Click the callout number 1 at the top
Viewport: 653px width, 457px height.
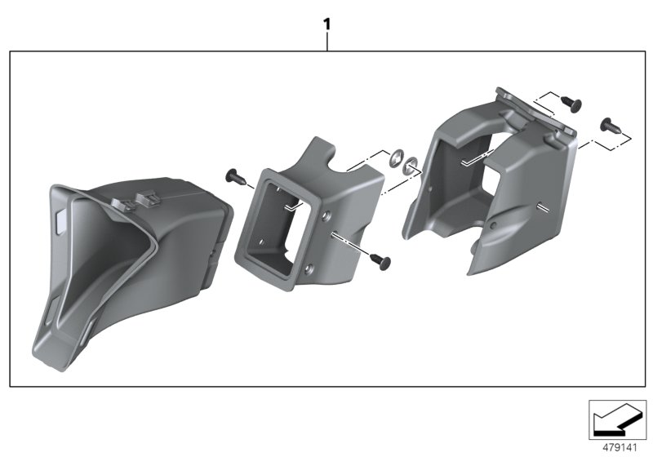327,24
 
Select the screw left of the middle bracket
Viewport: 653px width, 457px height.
234,175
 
